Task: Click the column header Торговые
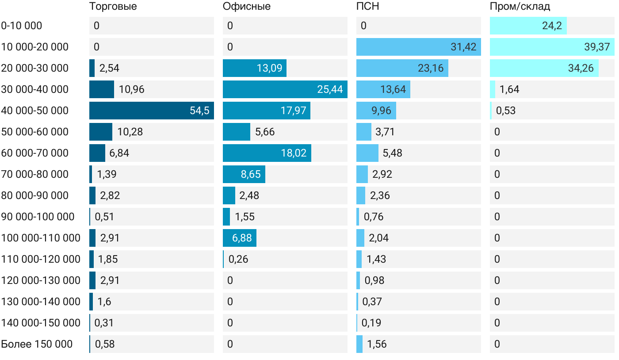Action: tap(113, 7)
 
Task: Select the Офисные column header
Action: tap(246, 7)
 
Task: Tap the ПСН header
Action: tap(367, 7)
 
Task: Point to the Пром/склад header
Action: tap(520, 7)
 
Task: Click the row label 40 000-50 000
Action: tap(35, 111)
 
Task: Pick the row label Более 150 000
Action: tap(37, 344)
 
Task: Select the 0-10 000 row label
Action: tap(22, 26)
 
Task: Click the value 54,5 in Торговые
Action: tap(199, 111)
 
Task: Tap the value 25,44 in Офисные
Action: tap(330, 89)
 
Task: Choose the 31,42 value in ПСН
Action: tap(463, 47)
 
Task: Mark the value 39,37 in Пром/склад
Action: tap(597, 47)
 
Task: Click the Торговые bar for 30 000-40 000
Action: tap(102, 89)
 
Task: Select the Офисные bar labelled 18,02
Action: tap(267, 153)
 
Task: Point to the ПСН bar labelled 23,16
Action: tap(402, 68)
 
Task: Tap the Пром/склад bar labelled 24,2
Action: tap(528, 26)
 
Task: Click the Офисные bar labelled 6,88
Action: tap(240, 238)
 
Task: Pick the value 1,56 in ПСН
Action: tap(377, 344)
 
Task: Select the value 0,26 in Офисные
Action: tap(238, 259)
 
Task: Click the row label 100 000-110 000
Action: tap(41, 238)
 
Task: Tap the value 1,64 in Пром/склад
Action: tap(509, 89)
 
